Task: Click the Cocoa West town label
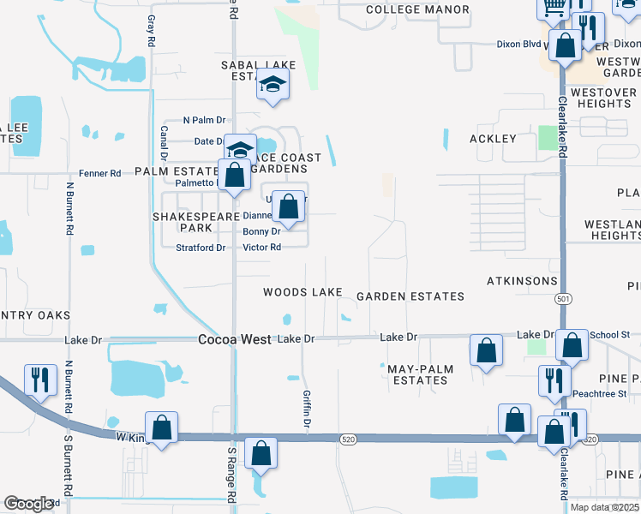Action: tap(235, 339)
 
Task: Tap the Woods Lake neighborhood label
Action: tap(303, 292)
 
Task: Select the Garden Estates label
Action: tap(410, 296)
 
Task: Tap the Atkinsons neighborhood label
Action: tap(522, 281)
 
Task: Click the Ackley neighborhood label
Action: tap(493, 139)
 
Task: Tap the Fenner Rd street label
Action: tap(99, 173)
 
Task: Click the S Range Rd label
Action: tap(231, 485)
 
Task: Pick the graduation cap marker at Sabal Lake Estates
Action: tap(273, 84)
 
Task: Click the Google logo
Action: tap(28, 504)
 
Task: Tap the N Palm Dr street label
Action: tap(204, 121)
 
